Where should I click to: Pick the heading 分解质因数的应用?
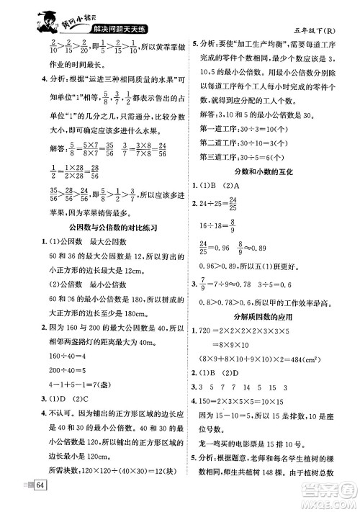(x=266, y=316)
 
